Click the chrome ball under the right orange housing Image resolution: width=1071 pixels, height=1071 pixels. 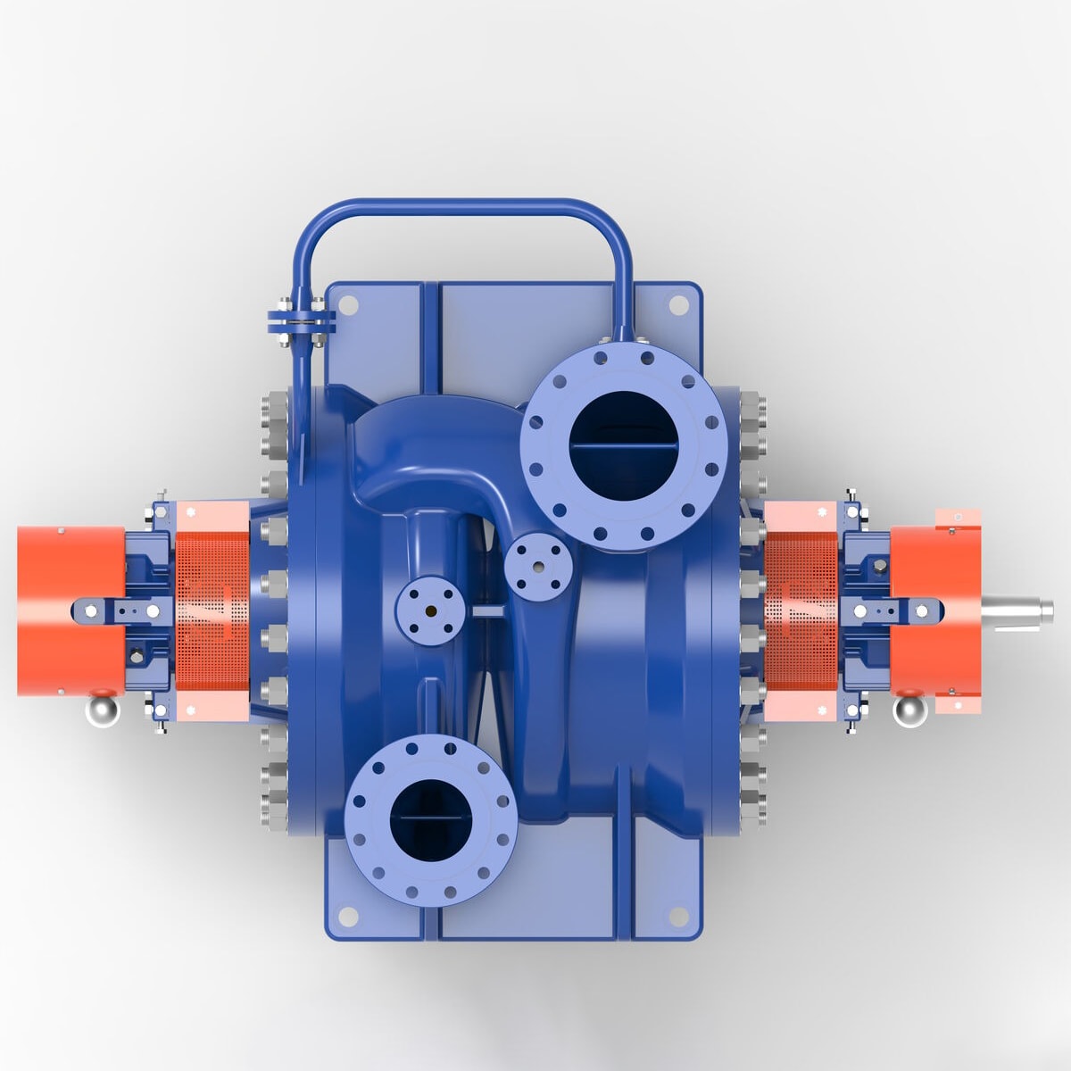tap(910, 711)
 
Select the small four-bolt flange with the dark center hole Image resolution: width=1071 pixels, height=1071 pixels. tap(430, 610)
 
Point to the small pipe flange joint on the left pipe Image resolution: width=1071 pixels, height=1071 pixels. tap(301, 320)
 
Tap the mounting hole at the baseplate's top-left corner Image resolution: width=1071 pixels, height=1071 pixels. tap(349, 304)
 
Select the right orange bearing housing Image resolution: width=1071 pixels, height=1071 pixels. tap(933, 610)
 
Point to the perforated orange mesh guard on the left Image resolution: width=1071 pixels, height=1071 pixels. tap(212, 610)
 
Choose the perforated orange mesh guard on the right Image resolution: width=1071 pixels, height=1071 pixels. tap(801, 610)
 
